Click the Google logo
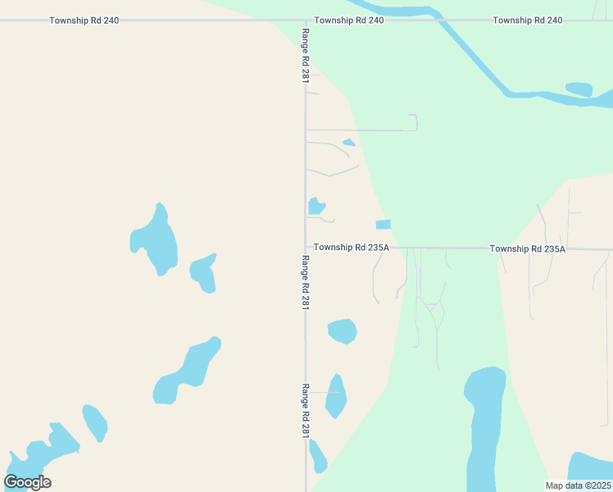pyautogui.click(x=27, y=481)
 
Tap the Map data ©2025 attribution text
pyautogui.click(x=579, y=485)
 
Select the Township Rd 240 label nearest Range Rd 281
pyautogui.click(x=348, y=20)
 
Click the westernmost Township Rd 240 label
pyautogui.click(x=84, y=20)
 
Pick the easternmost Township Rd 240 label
pyautogui.click(x=527, y=20)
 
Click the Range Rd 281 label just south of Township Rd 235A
pyautogui.click(x=306, y=283)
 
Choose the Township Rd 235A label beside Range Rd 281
pyautogui.click(x=351, y=247)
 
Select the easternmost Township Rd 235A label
pyautogui.click(x=527, y=248)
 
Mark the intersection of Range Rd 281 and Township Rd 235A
pyautogui.click(x=306, y=247)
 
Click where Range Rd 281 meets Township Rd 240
pyautogui.click(x=306, y=20)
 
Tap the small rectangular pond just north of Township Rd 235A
pyautogui.click(x=383, y=225)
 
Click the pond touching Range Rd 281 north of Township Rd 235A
pyautogui.click(x=316, y=206)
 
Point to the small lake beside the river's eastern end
pyautogui.click(x=579, y=89)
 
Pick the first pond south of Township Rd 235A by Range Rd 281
pyautogui.click(x=342, y=330)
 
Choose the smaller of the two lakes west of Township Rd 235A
pyautogui.click(x=203, y=274)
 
